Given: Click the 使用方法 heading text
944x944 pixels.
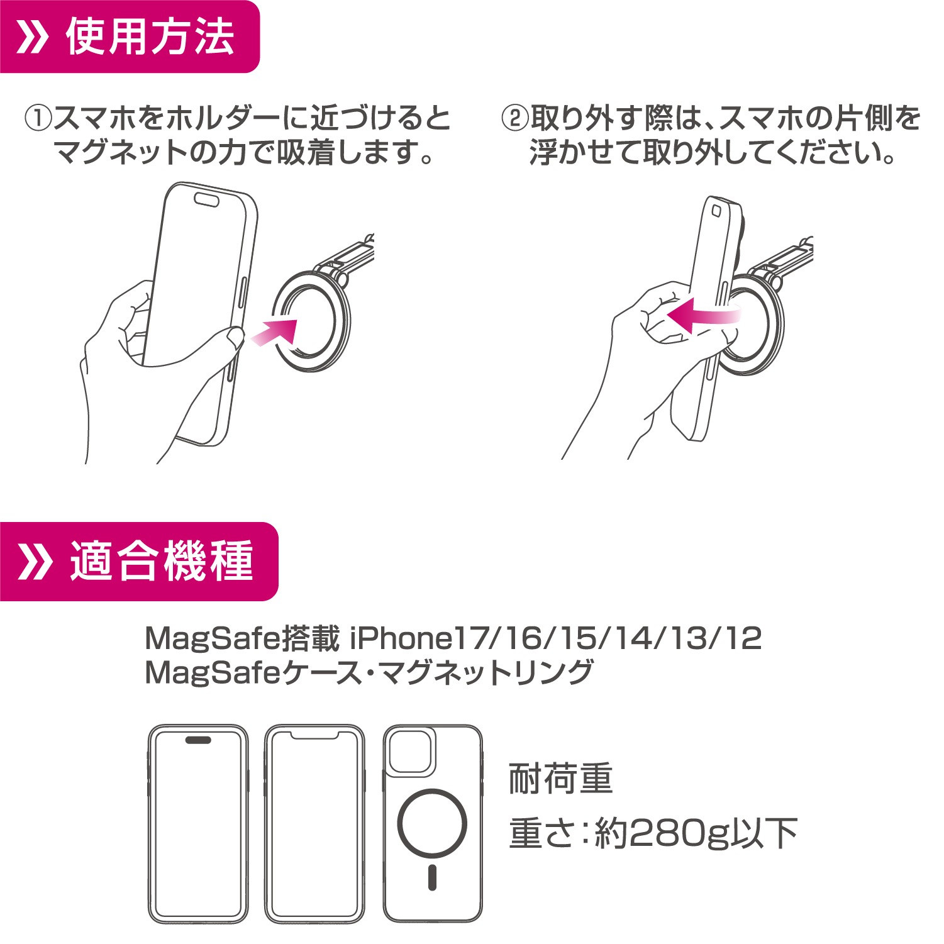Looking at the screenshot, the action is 150,36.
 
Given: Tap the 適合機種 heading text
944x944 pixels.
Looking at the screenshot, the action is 162,561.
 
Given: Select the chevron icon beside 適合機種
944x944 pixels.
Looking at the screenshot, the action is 35,562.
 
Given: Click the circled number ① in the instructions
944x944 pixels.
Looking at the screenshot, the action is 38,118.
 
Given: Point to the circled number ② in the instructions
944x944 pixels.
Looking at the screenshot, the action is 514,118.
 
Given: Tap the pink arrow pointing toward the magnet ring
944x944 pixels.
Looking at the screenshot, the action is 274,331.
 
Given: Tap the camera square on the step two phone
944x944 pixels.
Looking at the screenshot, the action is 716,211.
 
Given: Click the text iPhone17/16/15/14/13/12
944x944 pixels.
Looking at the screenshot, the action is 555,638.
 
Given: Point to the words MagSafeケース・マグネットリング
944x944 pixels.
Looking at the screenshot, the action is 369,672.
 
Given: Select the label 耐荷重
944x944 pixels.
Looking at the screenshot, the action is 560,779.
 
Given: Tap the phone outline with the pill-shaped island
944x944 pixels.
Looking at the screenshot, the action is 198,823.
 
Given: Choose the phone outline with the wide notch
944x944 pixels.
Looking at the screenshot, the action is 314,823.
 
